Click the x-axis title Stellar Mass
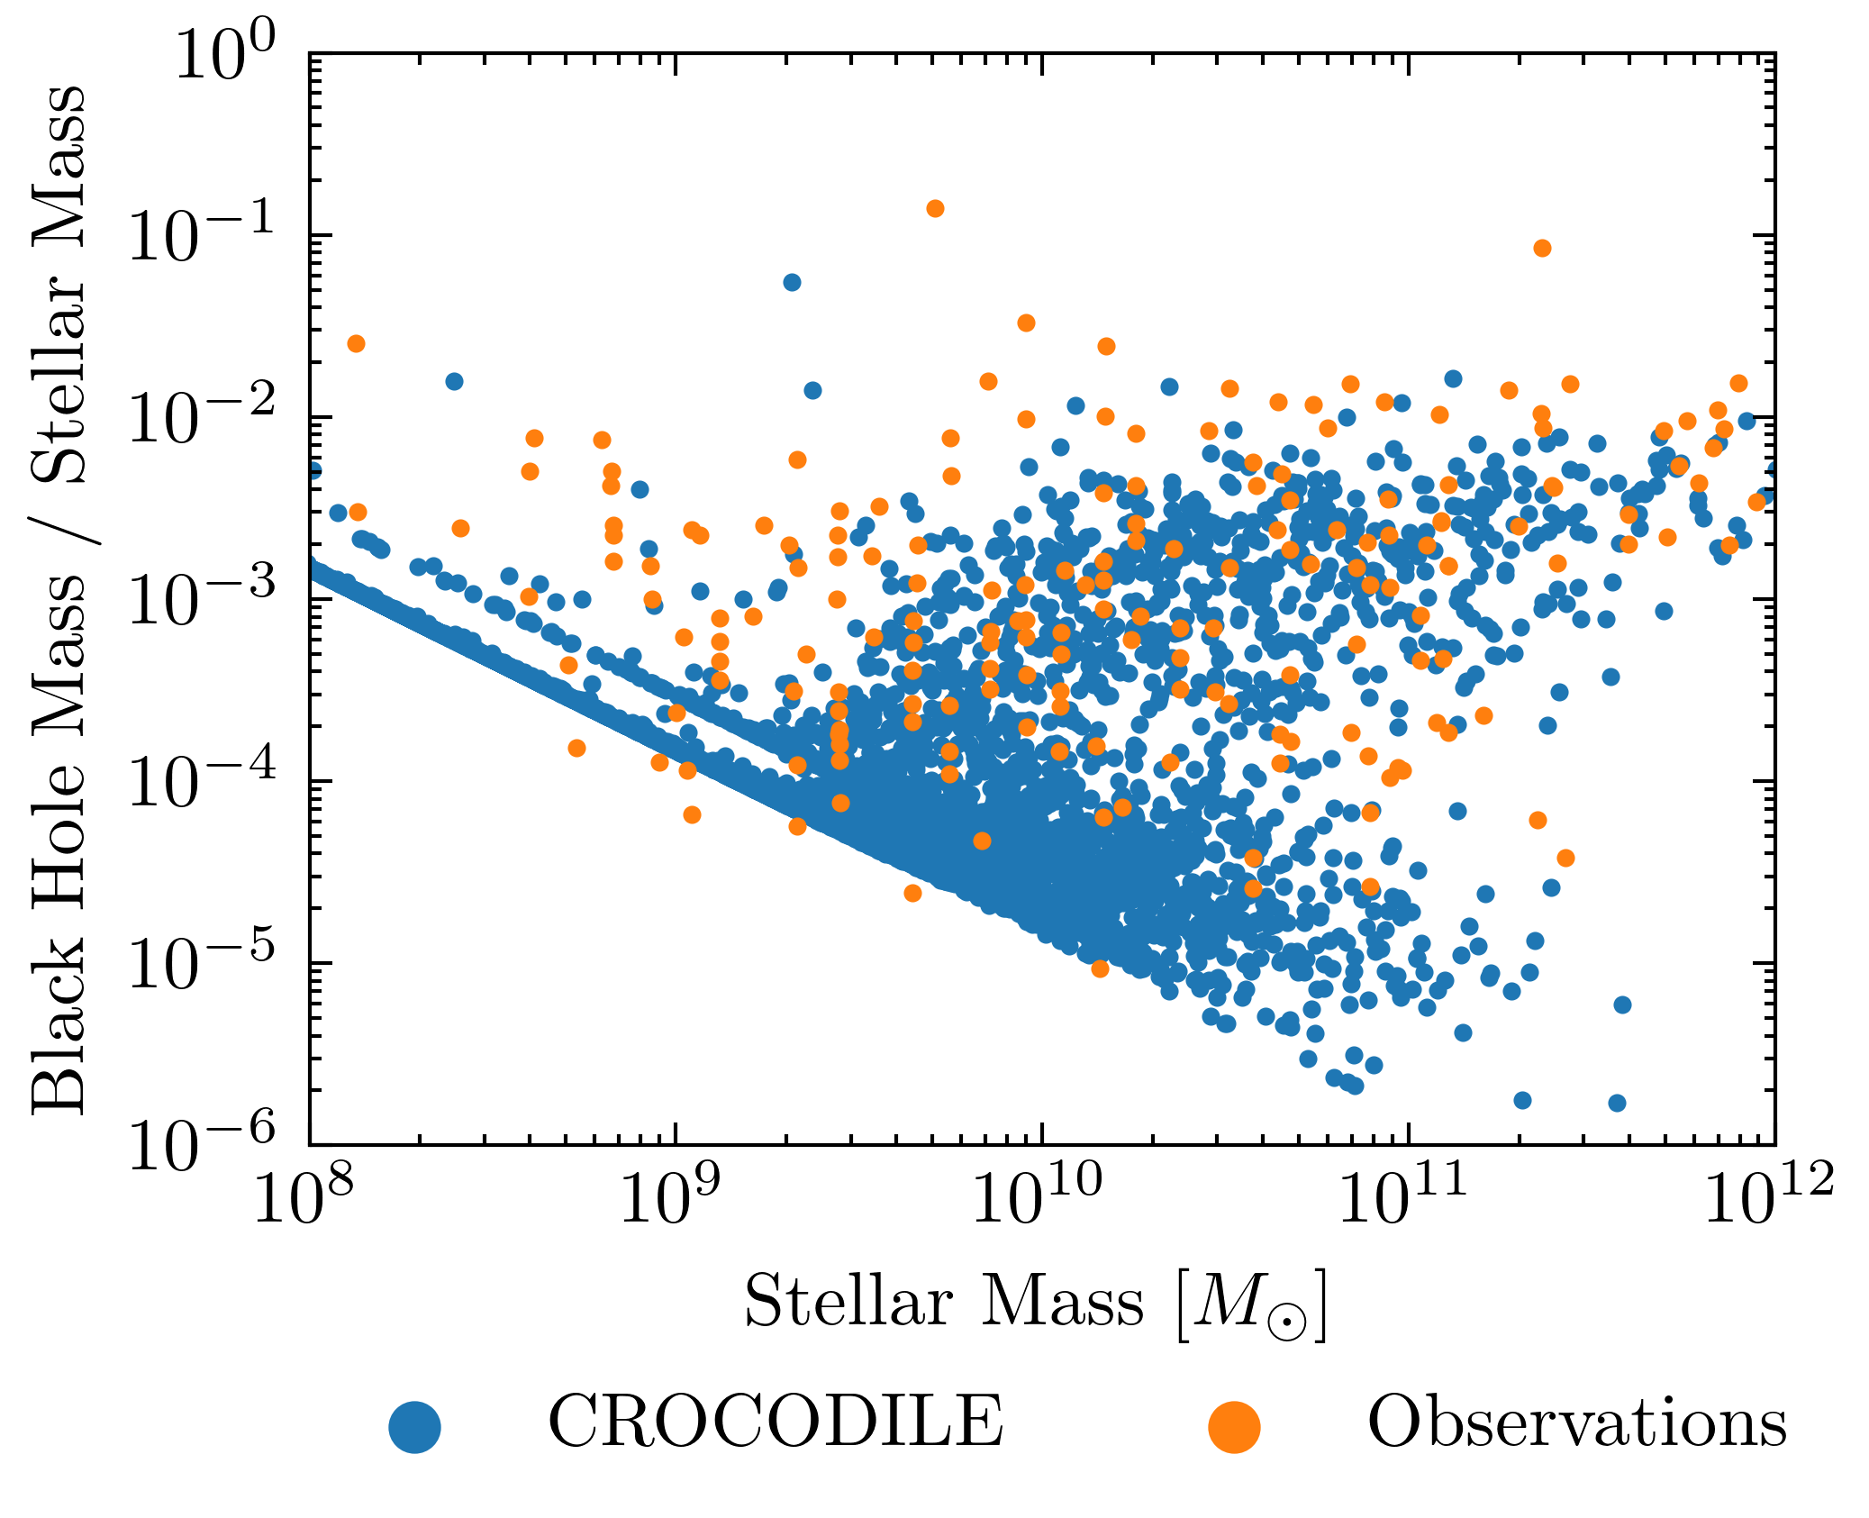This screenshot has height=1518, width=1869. (x=1035, y=1304)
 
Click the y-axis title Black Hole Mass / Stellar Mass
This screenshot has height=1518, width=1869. (x=59, y=600)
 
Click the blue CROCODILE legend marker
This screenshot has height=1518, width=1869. (x=415, y=1427)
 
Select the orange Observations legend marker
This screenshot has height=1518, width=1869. (x=1234, y=1427)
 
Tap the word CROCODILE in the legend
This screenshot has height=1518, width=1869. (x=776, y=1422)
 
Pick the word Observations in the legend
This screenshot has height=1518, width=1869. (x=1577, y=1422)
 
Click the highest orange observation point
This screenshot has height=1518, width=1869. (x=935, y=209)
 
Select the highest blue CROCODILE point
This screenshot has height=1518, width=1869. (x=792, y=283)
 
